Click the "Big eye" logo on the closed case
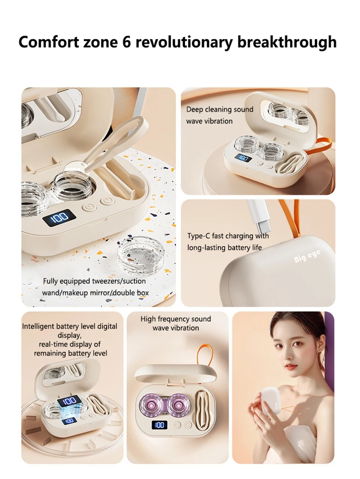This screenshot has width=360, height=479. coord(307,256)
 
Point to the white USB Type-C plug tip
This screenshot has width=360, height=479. coord(263,227)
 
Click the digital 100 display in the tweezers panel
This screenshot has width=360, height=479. coord(59,218)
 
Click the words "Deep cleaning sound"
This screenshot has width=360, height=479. coord(220,109)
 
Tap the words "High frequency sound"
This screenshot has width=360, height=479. coord(175,319)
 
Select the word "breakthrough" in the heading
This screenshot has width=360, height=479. coord(287,42)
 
